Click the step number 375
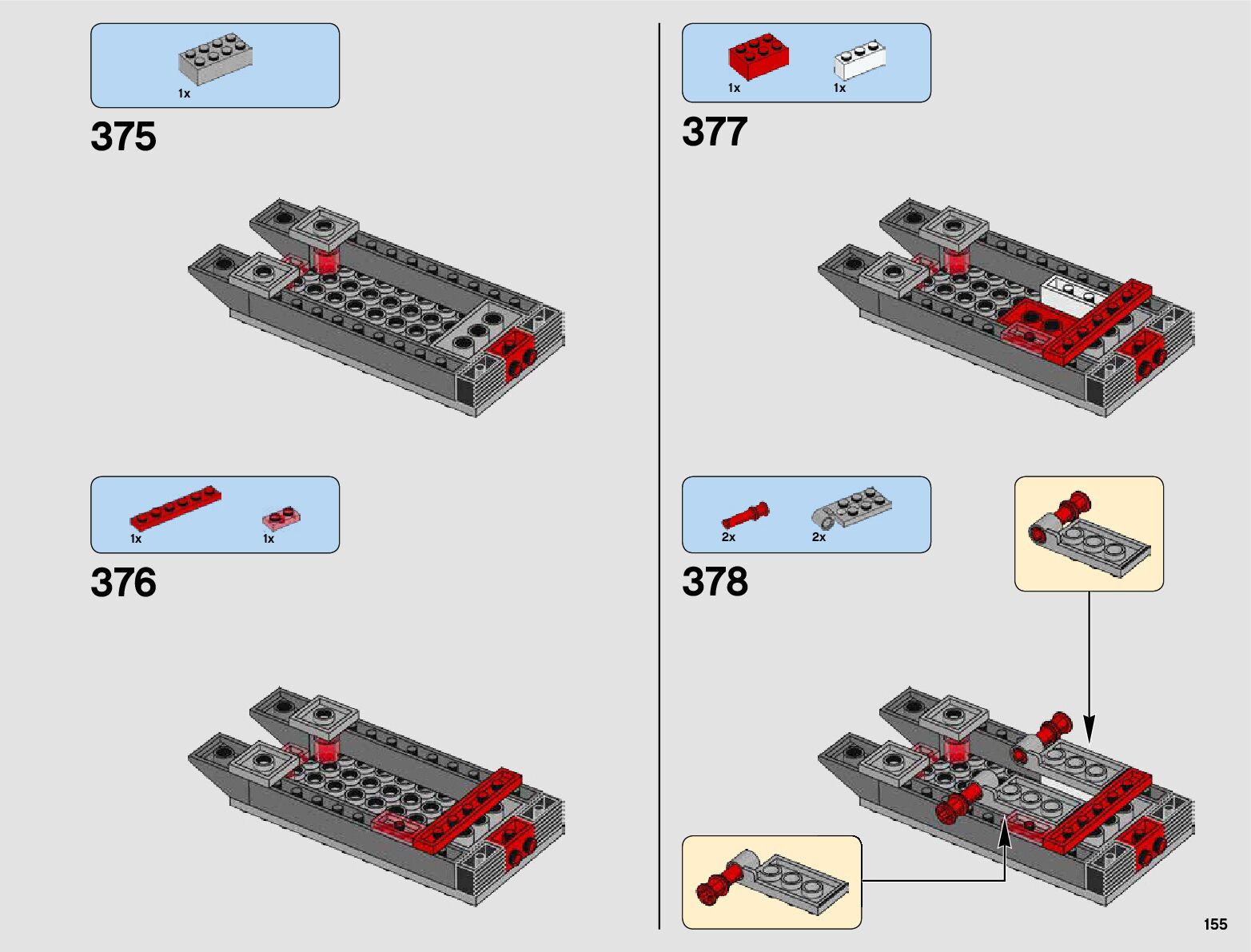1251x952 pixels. (x=123, y=137)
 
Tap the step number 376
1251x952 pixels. (x=123, y=582)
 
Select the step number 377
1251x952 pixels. (x=714, y=132)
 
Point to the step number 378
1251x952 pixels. (x=715, y=581)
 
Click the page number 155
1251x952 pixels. (x=1215, y=924)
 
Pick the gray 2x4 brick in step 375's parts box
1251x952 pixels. (x=216, y=59)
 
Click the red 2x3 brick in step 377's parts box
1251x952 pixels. (x=759, y=57)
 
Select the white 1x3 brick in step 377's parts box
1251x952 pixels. (x=859, y=60)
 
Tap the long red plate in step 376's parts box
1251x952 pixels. (x=176, y=508)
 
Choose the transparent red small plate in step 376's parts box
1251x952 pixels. (x=281, y=518)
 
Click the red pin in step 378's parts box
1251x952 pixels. (x=746, y=515)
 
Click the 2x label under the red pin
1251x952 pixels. (x=728, y=537)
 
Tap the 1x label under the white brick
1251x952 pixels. (x=839, y=88)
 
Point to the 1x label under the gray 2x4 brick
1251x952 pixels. (x=184, y=94)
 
